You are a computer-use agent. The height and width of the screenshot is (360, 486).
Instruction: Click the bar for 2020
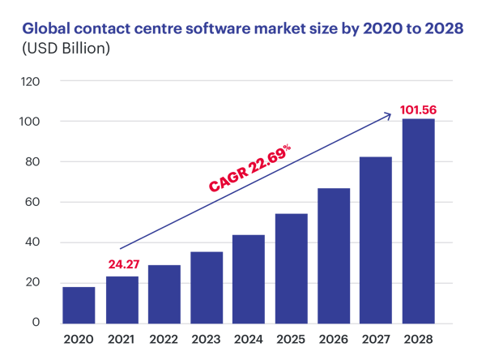[x=79, y=305]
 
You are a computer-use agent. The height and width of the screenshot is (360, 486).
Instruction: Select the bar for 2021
[x=122, y=300]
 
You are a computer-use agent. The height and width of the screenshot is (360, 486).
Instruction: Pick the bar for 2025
[x=291, y=268]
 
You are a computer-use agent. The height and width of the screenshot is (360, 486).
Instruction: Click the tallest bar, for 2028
[x=418, y=221]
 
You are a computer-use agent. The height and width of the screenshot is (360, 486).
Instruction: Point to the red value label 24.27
[x=123, y=264]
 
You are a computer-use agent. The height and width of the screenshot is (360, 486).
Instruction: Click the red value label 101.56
[x=418, y=108]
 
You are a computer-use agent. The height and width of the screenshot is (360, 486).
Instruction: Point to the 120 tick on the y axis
[x=30, y=82]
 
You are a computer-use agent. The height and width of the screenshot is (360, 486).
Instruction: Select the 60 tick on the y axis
[x=32, y=203]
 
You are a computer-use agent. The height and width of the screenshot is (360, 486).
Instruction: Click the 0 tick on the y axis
[x=36, y=324]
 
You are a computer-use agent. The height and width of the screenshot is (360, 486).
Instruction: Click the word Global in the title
[x=45, y=29]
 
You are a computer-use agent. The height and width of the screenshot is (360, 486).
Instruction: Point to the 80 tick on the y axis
[x=32, y=162]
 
